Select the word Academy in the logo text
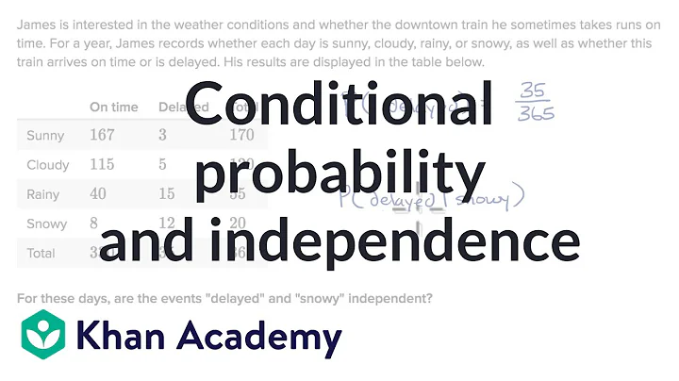coord(259,337)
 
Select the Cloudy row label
coord(48,164)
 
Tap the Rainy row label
coord(43,194)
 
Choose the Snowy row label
coord(47,224)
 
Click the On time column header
coord(114,107)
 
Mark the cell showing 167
coord(102,135)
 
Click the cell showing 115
coord(102,164)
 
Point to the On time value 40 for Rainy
coord(98,194)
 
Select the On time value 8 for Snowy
coord(94,224)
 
